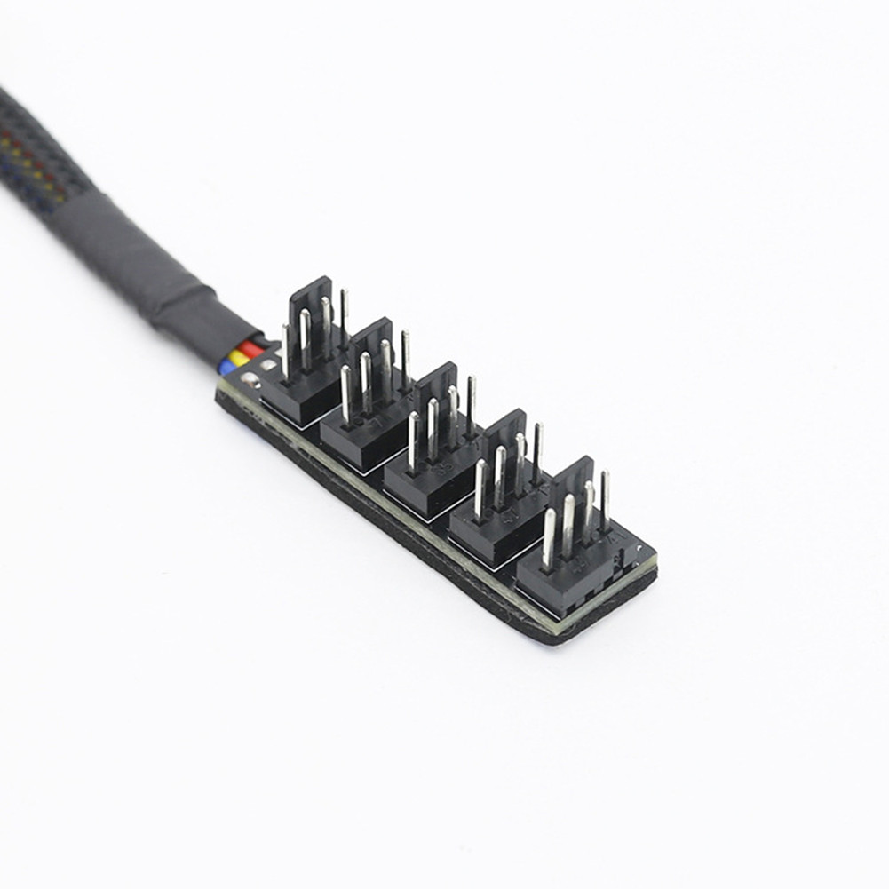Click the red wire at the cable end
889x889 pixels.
click(x=251, y=349)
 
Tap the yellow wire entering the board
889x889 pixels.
click(x=240, y=359)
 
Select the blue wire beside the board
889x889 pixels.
click(x=228, y=367)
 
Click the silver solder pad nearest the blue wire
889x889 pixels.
click(x=251, y=382)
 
